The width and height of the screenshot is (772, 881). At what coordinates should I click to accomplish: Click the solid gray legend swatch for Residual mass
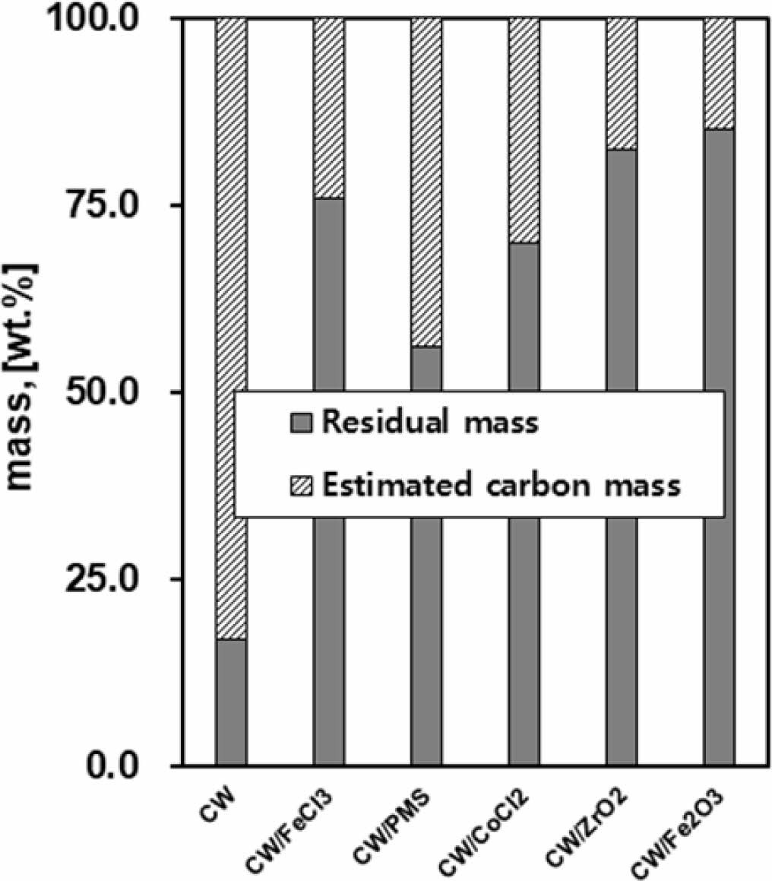click(302, 423)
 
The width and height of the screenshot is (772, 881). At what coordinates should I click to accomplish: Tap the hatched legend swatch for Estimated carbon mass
click(302, 484)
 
